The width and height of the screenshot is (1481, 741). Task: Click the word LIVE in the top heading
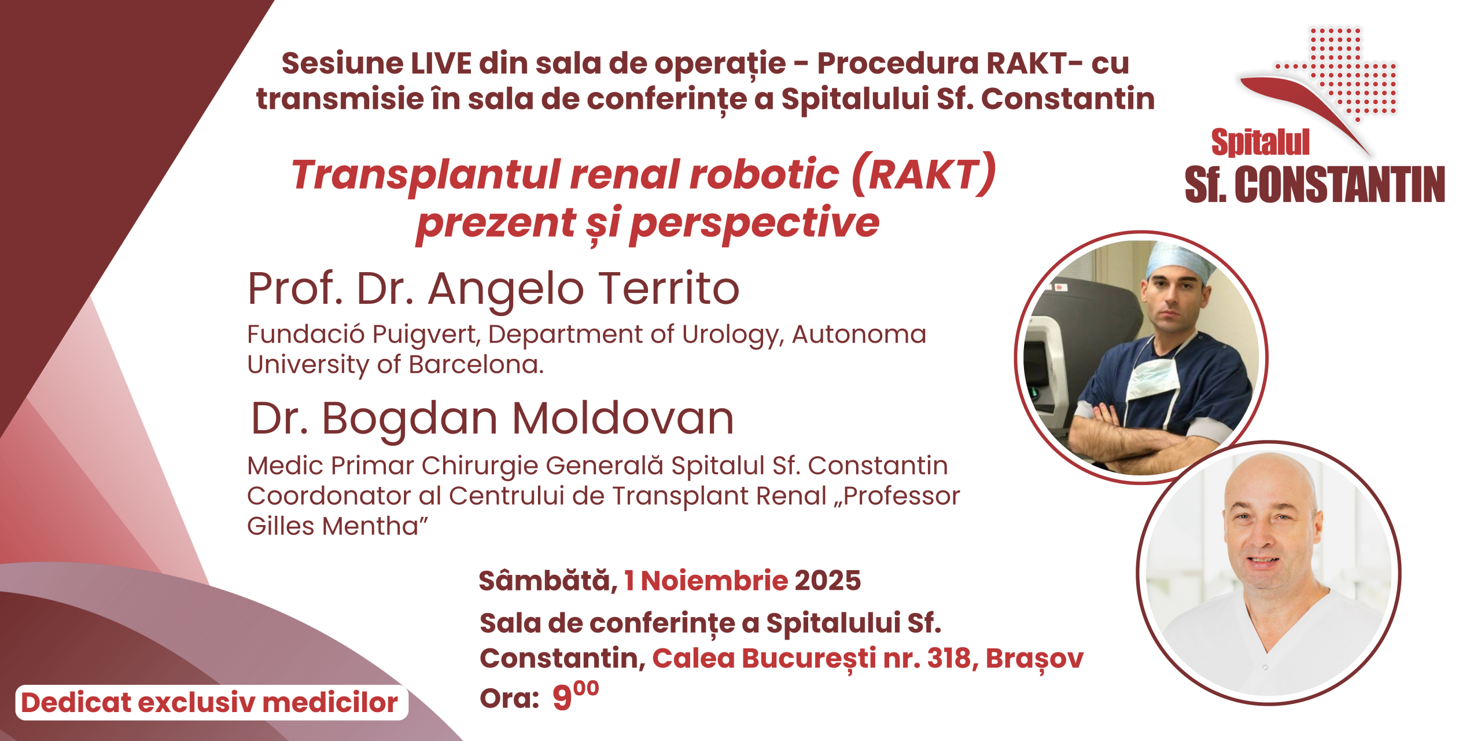441,63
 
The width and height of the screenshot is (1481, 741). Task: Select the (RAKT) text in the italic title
924,174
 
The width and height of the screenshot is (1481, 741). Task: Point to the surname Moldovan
623,418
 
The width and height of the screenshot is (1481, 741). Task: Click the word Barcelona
476,365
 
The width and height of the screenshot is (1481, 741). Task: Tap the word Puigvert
426,335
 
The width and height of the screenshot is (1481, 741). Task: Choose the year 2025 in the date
828,581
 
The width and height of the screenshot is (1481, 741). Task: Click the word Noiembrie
714,581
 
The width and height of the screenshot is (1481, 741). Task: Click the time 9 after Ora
562,698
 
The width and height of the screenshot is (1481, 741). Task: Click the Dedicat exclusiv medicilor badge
212,703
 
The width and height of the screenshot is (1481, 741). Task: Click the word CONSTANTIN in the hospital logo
1340,185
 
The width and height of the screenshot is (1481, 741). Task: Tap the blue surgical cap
1179,263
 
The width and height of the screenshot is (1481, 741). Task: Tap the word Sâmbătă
548,580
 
